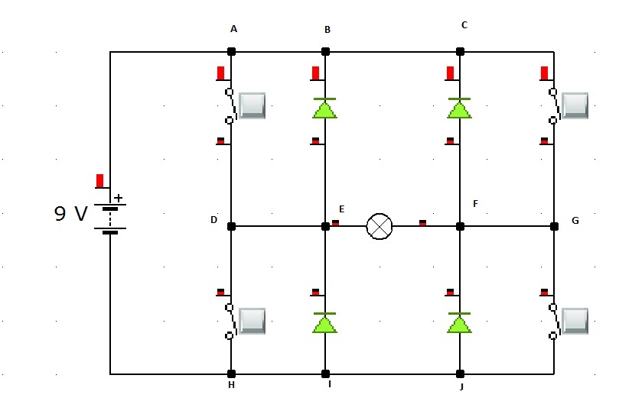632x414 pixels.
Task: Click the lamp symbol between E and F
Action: click(379, 226)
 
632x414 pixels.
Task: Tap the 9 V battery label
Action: click(71, 214)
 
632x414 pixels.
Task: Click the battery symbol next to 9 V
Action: click(110, 218)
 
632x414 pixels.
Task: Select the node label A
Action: click(233, 29)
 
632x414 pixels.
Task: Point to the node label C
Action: click(464, 25)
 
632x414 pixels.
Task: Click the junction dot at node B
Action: click(325, 51)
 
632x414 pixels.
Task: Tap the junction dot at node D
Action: click(231, 226)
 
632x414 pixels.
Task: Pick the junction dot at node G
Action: click(554, 226)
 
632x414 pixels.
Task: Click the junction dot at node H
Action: click(231, 374)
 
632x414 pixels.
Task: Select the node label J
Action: click(461, 387)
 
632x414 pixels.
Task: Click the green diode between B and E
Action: click(325, 108)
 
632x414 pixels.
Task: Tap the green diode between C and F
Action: click(459, 108)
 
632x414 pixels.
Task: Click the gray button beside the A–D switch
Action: click(252, 105)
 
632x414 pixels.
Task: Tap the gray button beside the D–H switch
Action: click(252, 321)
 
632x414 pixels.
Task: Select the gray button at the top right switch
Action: click(575, 105)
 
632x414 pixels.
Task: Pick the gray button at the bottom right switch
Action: click(575, 321)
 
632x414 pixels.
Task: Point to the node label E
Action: click(341, 209)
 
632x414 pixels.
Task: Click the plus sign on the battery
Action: click(118, 197)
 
